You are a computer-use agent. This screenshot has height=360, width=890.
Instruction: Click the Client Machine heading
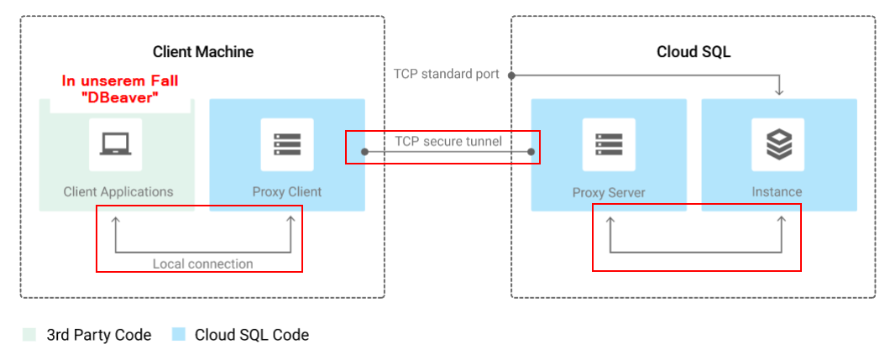[x=202, y=52]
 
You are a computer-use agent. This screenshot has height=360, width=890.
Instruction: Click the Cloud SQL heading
[x=694, y=52]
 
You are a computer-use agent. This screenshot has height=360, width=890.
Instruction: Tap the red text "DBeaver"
[x=120, y=97]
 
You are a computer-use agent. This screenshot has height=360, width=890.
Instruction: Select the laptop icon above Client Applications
[x=116, y=144]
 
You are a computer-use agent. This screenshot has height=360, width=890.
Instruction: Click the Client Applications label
[x=118, y=191]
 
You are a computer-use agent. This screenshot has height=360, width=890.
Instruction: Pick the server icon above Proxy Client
[x=286, y=144]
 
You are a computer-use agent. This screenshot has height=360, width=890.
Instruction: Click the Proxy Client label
[x=287, y=191]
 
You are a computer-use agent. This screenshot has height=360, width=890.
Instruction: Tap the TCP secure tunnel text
[x=448, y=141]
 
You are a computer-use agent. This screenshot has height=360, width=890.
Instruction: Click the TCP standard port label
[x=447, y=74]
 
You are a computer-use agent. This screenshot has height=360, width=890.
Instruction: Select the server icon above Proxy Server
[x=609, y=144]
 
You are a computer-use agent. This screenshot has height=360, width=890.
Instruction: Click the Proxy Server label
[x=609, y=192]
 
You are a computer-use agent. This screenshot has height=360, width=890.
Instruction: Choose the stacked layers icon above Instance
[x=778, y=144]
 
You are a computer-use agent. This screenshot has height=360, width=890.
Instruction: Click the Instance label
[x=777, y=192]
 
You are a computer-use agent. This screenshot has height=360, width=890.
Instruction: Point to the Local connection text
[x=202, y=263]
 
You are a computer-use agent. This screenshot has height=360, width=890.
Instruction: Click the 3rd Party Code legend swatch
[x=29, y=335]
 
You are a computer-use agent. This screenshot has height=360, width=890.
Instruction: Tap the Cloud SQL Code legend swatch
[x=178, y=335]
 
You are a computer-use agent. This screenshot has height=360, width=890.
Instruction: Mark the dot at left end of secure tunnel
[x=364, y=152]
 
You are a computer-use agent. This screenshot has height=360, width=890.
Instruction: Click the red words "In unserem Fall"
[x=120, y=81]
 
